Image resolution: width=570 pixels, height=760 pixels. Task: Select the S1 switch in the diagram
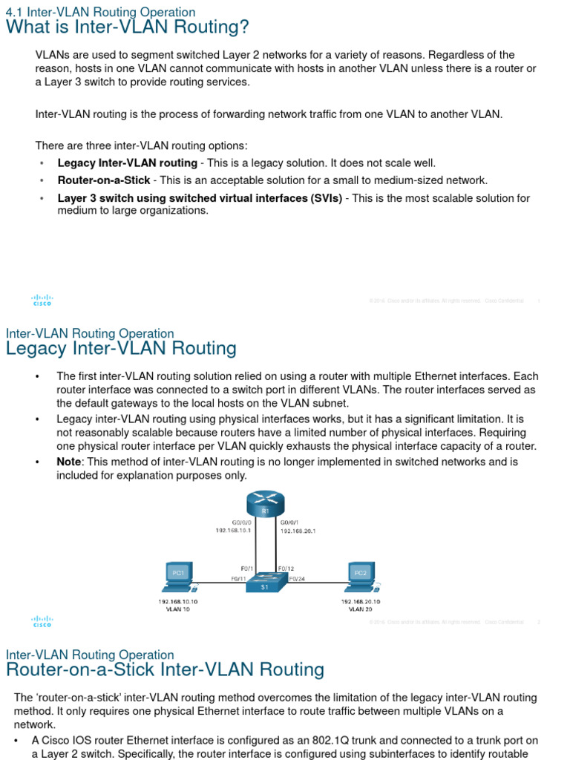tap(265, 583)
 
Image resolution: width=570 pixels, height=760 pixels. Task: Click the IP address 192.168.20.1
tap(298, 531)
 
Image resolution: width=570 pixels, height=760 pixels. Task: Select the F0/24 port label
tap(296, 578)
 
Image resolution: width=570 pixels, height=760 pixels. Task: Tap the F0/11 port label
tap(238, 578)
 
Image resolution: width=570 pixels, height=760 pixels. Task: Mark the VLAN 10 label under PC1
tap(177, 609)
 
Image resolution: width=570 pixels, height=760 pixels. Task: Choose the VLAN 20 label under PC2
tap(361, 609)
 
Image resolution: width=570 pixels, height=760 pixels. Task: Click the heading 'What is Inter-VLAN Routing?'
tap(128, 27)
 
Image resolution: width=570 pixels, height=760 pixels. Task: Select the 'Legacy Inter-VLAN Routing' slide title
tap(121, 348)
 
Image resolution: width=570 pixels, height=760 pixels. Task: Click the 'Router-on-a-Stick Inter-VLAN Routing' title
tap(165, 669)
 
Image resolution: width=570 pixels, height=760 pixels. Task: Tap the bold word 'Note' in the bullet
tap(69, 462)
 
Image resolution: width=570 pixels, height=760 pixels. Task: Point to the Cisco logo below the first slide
tap(42, 300)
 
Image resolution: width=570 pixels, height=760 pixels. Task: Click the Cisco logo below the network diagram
tap(42, 621)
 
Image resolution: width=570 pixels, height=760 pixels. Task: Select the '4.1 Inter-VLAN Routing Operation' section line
tap(100, 12)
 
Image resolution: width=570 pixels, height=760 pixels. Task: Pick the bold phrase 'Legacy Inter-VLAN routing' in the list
tap(128, 163)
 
